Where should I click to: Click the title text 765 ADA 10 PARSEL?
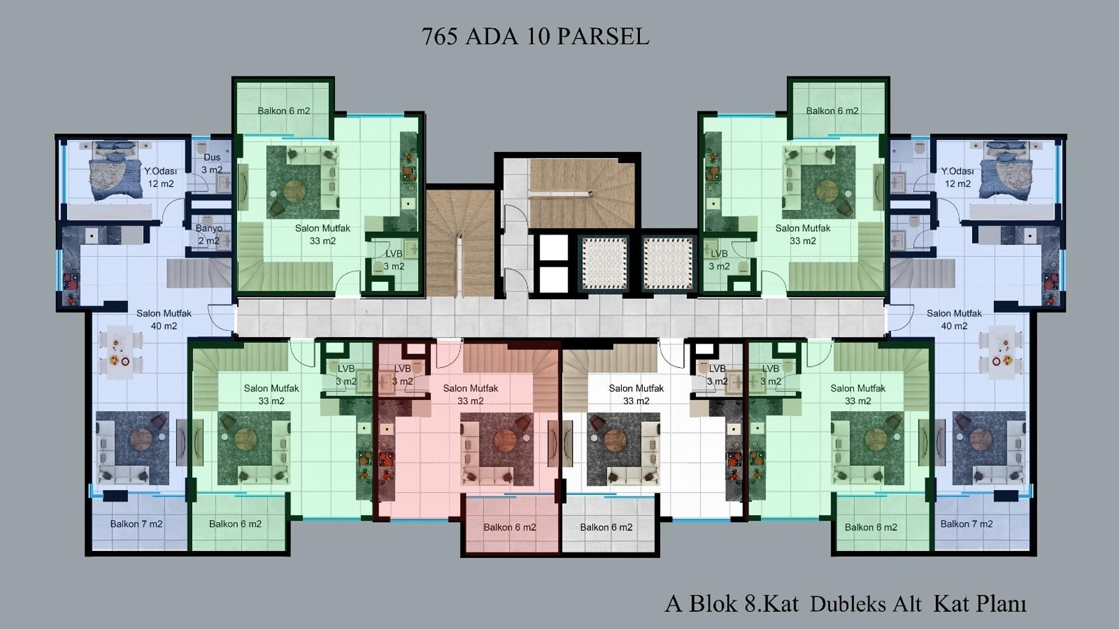tap(535, 37)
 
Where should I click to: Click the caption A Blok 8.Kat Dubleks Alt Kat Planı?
tap(846, 604)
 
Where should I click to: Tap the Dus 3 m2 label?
tap(212, 164)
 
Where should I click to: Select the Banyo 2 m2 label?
tap(209, 235)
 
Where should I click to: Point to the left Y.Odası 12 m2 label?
tap(160, 178)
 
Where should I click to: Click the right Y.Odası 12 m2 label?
tap(958, 178)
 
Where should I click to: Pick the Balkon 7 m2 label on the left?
tap(136, 524)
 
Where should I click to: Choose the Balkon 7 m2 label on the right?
tap(966, 524)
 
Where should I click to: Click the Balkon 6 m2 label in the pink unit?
tap(509, 528)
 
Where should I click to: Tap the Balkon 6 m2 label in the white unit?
tap(606, 528)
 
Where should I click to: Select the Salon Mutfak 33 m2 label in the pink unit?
tap(470, 395)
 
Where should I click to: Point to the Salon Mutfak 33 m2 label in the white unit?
tap(636, 395)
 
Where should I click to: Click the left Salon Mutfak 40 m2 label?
tap(164, 320)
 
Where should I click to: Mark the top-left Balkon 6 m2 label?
tap(284, 111)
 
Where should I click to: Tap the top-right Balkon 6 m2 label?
tap(832, 111)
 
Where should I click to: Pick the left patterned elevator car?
tap(604, 263)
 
